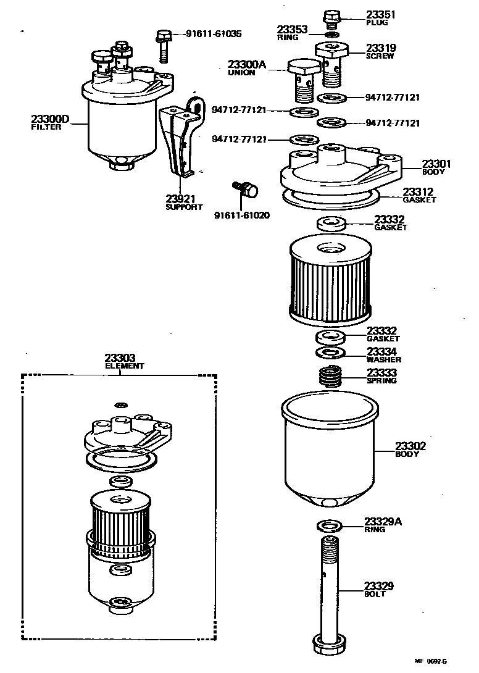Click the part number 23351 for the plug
[381, 14]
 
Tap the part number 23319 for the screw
[381, 48]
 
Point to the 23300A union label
[246, 64]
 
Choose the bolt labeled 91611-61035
[164, 45]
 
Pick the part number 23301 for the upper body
[436, 164]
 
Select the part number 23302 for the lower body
[410, 446]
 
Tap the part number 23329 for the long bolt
[379, 586]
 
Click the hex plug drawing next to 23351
[331, 18]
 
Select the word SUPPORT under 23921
[184, 207]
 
